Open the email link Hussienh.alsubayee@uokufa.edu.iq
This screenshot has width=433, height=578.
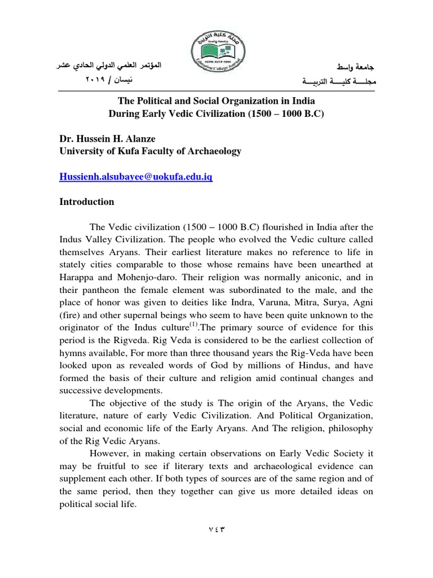[x=136, y=177]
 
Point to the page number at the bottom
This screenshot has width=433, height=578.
[x=216, y=529]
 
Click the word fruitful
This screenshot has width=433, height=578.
[x=108, y=466]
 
